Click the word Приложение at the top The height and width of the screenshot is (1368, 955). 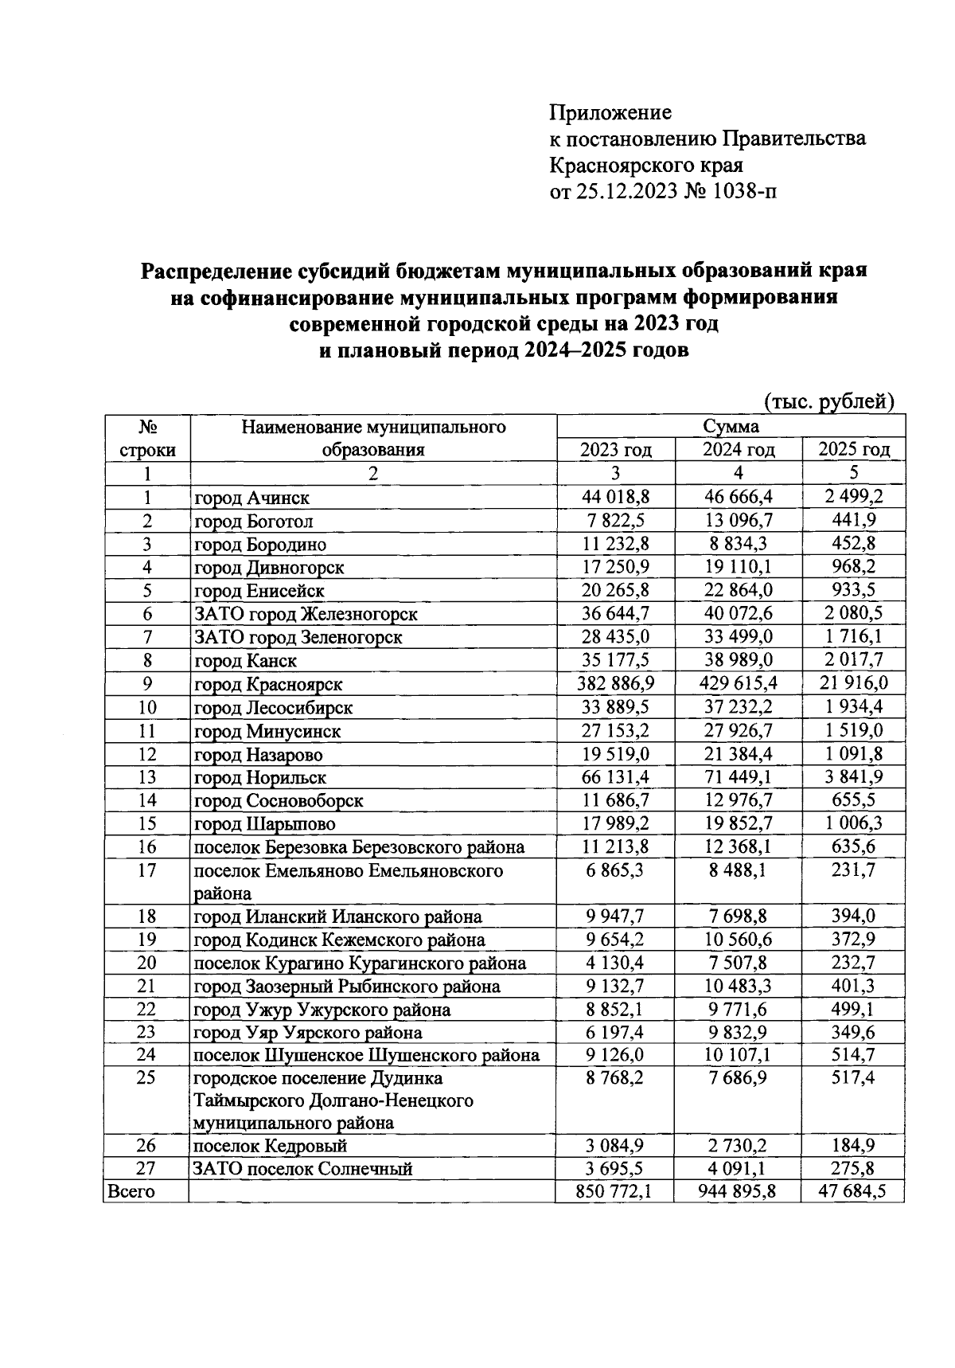pyautogui.click(x=610, y=112)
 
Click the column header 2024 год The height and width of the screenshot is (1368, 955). pyautogui.click(x=738, y=450)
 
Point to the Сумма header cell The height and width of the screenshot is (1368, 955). pyautogui.click(x=730, y=427)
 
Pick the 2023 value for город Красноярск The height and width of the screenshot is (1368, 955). pyautogui.click(x=615, y=684)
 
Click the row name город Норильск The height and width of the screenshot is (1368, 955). pyautogui.click(x=260, y=777)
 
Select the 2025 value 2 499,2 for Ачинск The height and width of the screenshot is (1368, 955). pyautogui.click(x=852, y=498)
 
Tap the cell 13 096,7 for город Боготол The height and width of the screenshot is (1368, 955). pyautogui.click(x=738, y=521)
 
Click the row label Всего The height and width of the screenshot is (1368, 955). pyautogui.click(x=131, y=1191)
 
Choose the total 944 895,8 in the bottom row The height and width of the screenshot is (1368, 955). pyautogui.click(x=738, y=1191)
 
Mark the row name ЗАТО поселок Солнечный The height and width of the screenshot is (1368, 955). pyautogui.click(x=303, y=1169)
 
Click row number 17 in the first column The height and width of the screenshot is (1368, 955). pyautogui.click(x=146, y=870)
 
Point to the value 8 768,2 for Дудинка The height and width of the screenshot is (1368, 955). pyautogui.click(x=615, y=1078)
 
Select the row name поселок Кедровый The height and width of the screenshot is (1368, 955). pyautogui.click(x=271, y=1146)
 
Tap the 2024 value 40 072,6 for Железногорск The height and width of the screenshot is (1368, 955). pyautogui.click(x=738, y=614)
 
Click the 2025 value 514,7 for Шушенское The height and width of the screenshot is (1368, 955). pyautogui.click(x=852, y=1055)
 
